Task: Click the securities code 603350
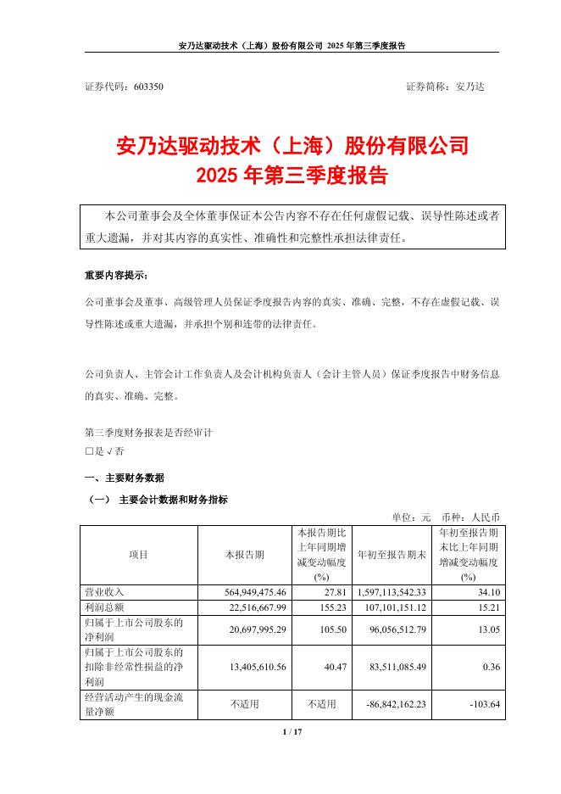point(149,87)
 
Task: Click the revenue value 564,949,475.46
point(245,591)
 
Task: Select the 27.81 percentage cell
point(324,591)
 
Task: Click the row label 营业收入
point(103,591)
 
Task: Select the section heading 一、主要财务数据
point(125,478)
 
